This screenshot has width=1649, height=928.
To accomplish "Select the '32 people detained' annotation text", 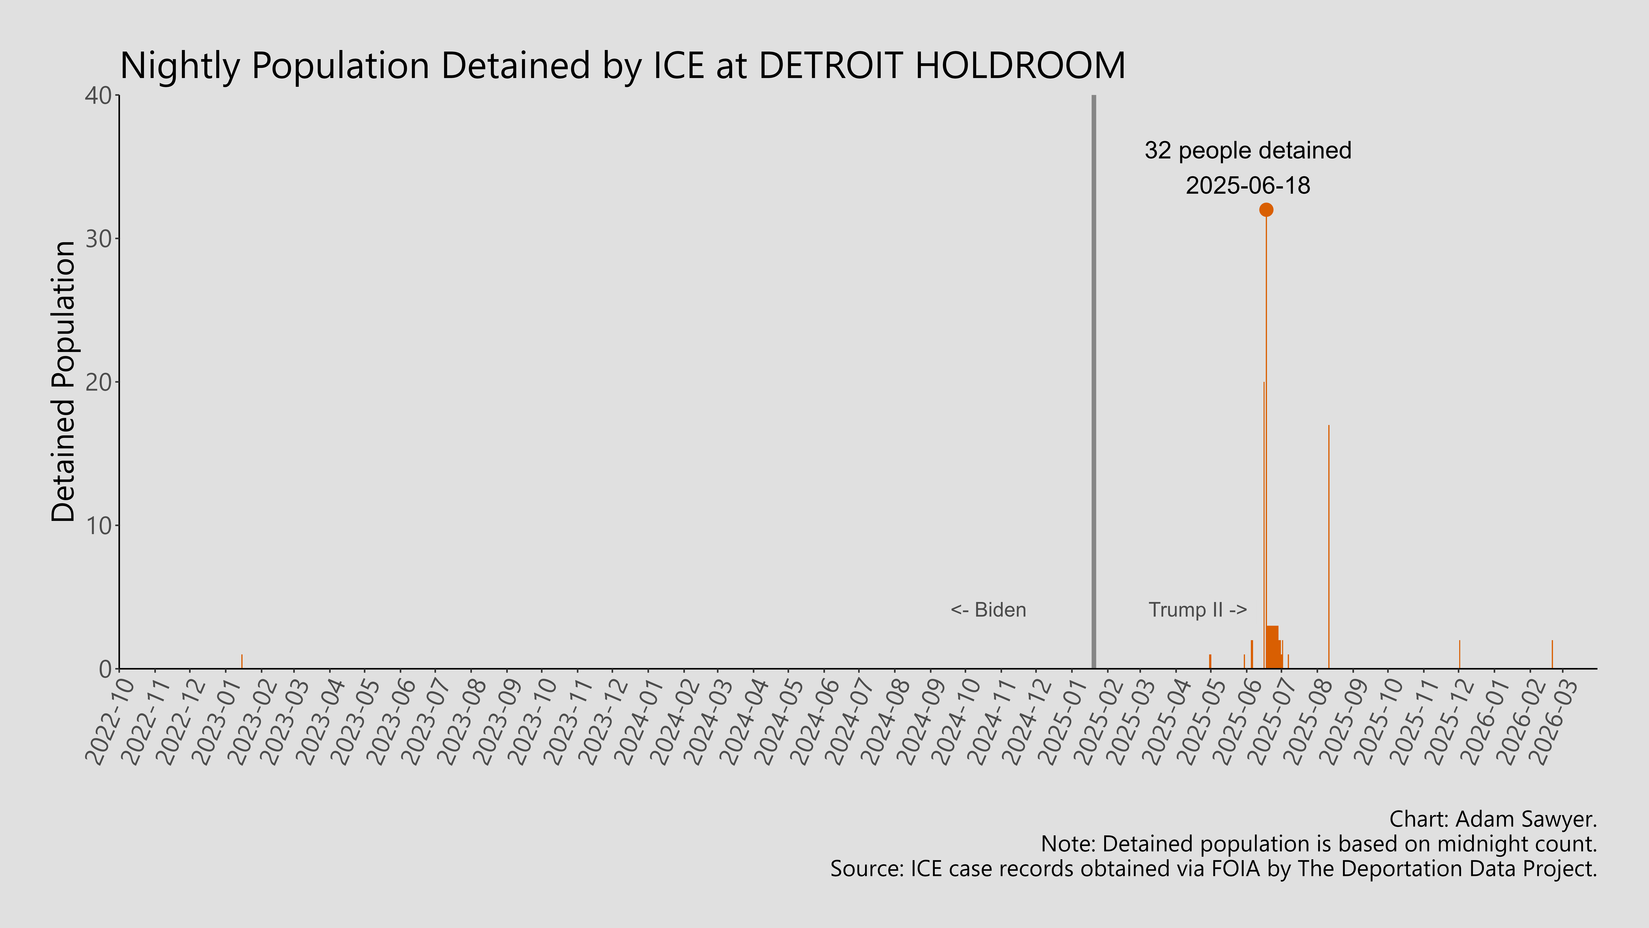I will point(1248,151).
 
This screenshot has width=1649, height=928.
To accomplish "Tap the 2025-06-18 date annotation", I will point(1248,186).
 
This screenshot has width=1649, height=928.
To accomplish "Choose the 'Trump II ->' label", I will point(1197,610).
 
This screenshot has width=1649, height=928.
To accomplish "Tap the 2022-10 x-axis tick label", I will point(110,722).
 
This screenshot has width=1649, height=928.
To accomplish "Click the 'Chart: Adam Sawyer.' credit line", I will point(1493,819).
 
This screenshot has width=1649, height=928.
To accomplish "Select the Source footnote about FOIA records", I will point(1213,869).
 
